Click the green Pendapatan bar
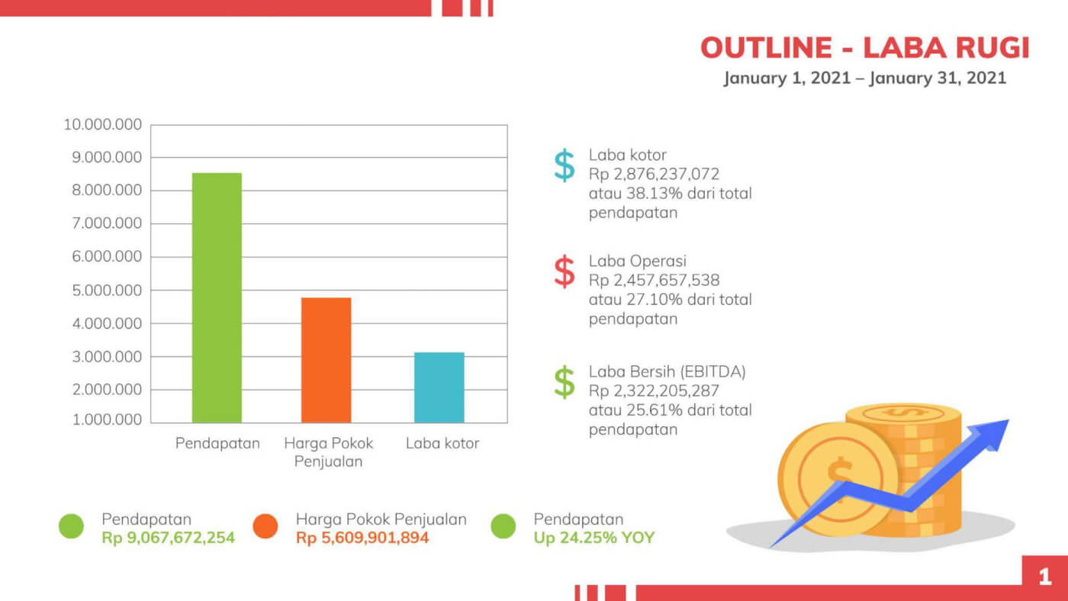[217, 297]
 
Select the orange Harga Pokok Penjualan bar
[326, 360]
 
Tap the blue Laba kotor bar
[439, 387]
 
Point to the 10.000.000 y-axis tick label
[102, 124]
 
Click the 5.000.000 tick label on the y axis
[106, 291]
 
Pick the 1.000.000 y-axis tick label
[106, 420]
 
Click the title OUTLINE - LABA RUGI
[864, 48]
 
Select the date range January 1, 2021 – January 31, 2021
[864, 78]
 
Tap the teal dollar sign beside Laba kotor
[565, 166]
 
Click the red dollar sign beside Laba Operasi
[565, 272]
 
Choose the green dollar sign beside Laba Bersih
[565, 382]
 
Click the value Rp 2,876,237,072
[654, 174]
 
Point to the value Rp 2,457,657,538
[654, 280]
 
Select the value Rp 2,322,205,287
[654, 391]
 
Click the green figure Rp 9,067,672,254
[168, 538]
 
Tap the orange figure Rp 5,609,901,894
[362, 538]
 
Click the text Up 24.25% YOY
[594, 538]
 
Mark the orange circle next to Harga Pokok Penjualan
[265, 526]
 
